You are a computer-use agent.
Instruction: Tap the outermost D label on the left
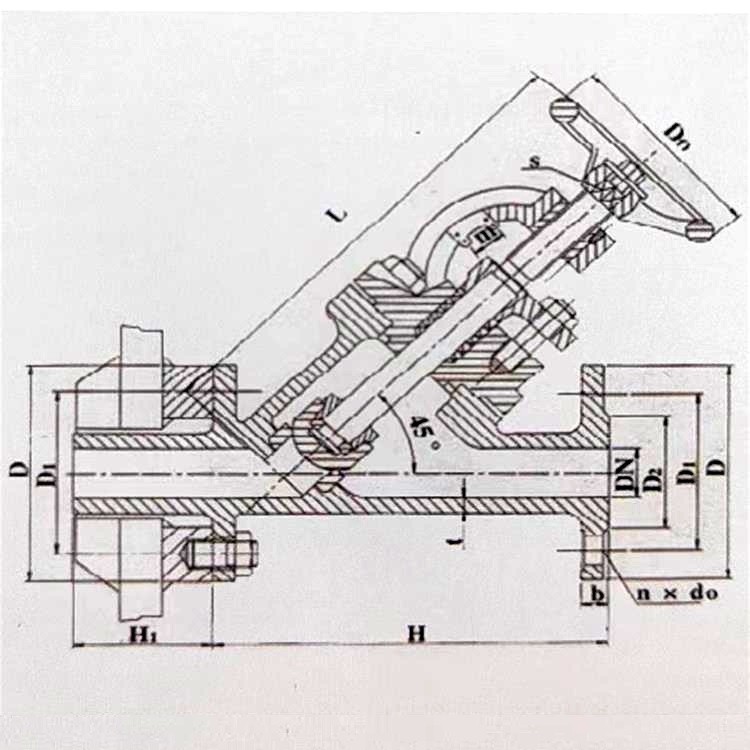pyautogui.click(x=17, y=468)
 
